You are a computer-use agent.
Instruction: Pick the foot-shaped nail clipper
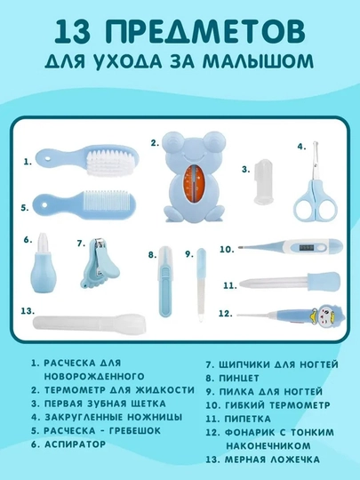[x=99, y=263]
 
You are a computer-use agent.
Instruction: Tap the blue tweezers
[x=165, y=281]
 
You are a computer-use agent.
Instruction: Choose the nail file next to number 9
[x=201, y=284]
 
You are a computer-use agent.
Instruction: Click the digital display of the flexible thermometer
[x=305, y=247]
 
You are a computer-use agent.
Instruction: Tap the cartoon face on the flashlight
[x=325, y=315]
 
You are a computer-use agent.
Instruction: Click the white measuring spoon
[x=90, y=323]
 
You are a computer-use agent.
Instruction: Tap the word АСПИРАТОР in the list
[x=76, y=444]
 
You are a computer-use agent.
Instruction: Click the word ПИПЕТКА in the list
[x=247, y=419]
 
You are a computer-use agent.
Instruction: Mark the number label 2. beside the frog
[x=155, y=143]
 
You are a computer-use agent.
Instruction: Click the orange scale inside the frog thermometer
[x=192, y=186]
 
